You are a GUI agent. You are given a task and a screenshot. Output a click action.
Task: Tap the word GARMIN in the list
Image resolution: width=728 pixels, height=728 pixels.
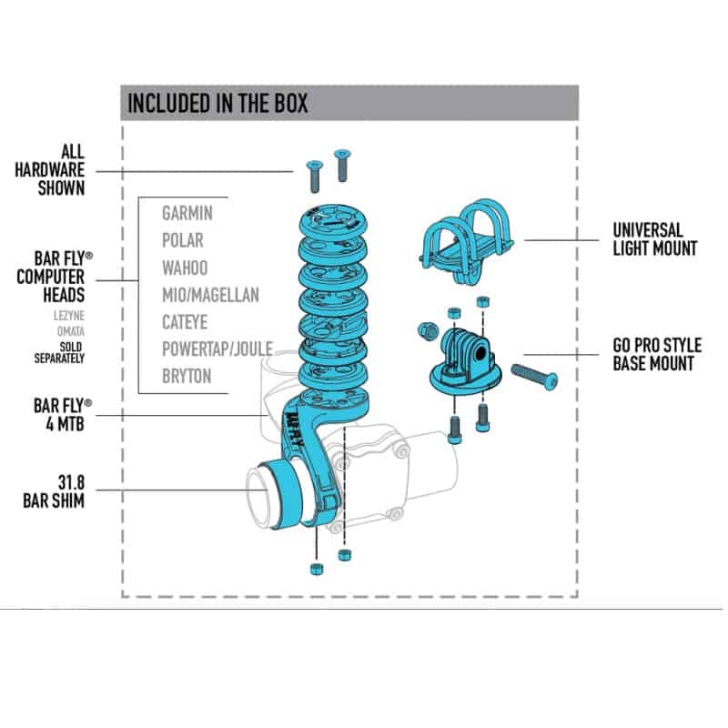pos(187,214)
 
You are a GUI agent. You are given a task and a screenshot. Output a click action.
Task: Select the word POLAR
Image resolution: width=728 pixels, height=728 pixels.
pos(183,241)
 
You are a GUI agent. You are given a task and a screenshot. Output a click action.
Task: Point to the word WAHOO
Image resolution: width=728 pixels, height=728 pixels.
pos(185,268)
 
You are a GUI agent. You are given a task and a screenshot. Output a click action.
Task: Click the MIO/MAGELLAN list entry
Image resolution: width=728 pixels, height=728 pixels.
pos(210,295)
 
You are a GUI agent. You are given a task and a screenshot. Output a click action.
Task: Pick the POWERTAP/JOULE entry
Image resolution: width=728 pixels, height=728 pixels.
pos(217,349)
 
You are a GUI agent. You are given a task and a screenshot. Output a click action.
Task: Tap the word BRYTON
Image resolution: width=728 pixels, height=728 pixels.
pos(187,375)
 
